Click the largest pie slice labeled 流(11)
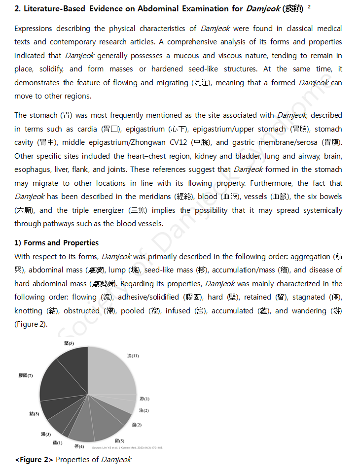pos(111,372)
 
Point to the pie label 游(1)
pos(144,399)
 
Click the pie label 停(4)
pos(79,446)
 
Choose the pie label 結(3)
pos(34,414)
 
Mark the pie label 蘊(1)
pos(57,442)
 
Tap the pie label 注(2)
pos(144,410)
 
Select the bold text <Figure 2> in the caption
pos(34,460)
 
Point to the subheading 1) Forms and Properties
pos(56,243)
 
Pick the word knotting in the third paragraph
pos(29,311)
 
